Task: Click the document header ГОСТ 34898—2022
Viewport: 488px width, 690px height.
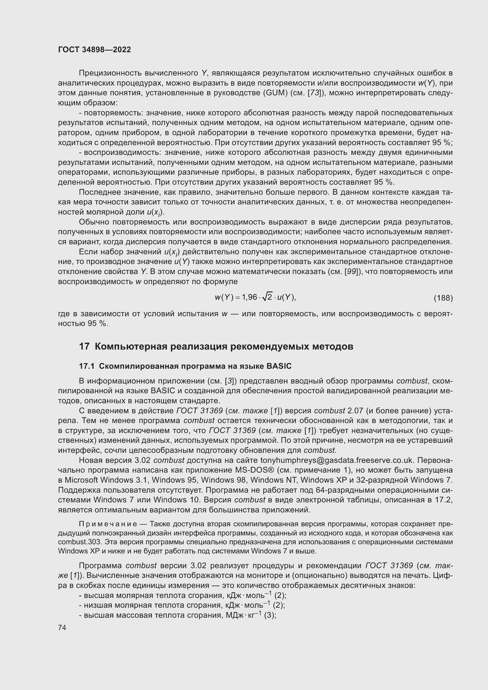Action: click(x=94, y=50)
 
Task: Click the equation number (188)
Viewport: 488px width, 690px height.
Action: click(x=443, y=298)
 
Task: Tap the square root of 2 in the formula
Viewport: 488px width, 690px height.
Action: click(x=267, y=297)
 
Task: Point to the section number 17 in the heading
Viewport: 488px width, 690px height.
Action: click(x=84, y=347)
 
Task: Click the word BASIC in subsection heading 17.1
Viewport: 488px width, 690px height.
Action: click(x=279, y=366)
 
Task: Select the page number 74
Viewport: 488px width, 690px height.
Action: click(x=62, y=628)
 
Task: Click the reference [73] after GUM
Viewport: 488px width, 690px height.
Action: click(x=314, y=93)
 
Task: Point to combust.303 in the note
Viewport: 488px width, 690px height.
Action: click(x=76, y=542)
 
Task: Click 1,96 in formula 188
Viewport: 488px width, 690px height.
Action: click(x=249, y=297)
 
